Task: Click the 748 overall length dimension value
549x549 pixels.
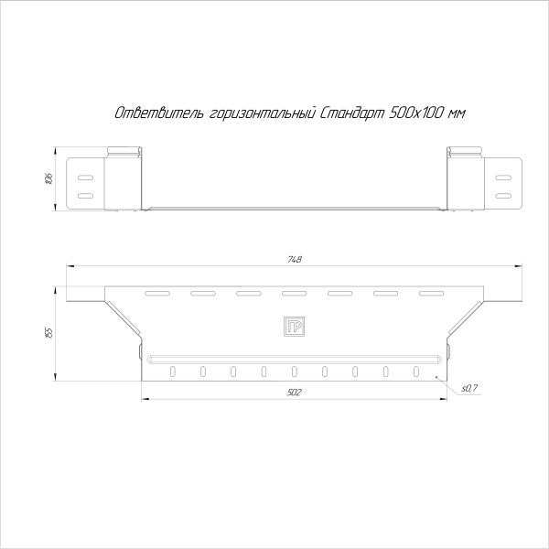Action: tap(293, 261)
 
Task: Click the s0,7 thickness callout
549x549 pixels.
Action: tap(469, 389)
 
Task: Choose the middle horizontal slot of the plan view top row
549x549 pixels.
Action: tap(294, 294)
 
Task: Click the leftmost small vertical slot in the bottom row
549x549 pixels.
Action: tap(173, 371)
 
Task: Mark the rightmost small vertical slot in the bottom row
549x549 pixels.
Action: tap(416, 371)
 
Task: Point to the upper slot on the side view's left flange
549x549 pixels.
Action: tap(85, 177)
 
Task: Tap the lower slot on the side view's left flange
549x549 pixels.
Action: tap(85, 195)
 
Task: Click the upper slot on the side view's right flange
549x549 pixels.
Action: tap(502, 177)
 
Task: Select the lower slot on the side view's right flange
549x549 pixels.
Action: tap(502, 195)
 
